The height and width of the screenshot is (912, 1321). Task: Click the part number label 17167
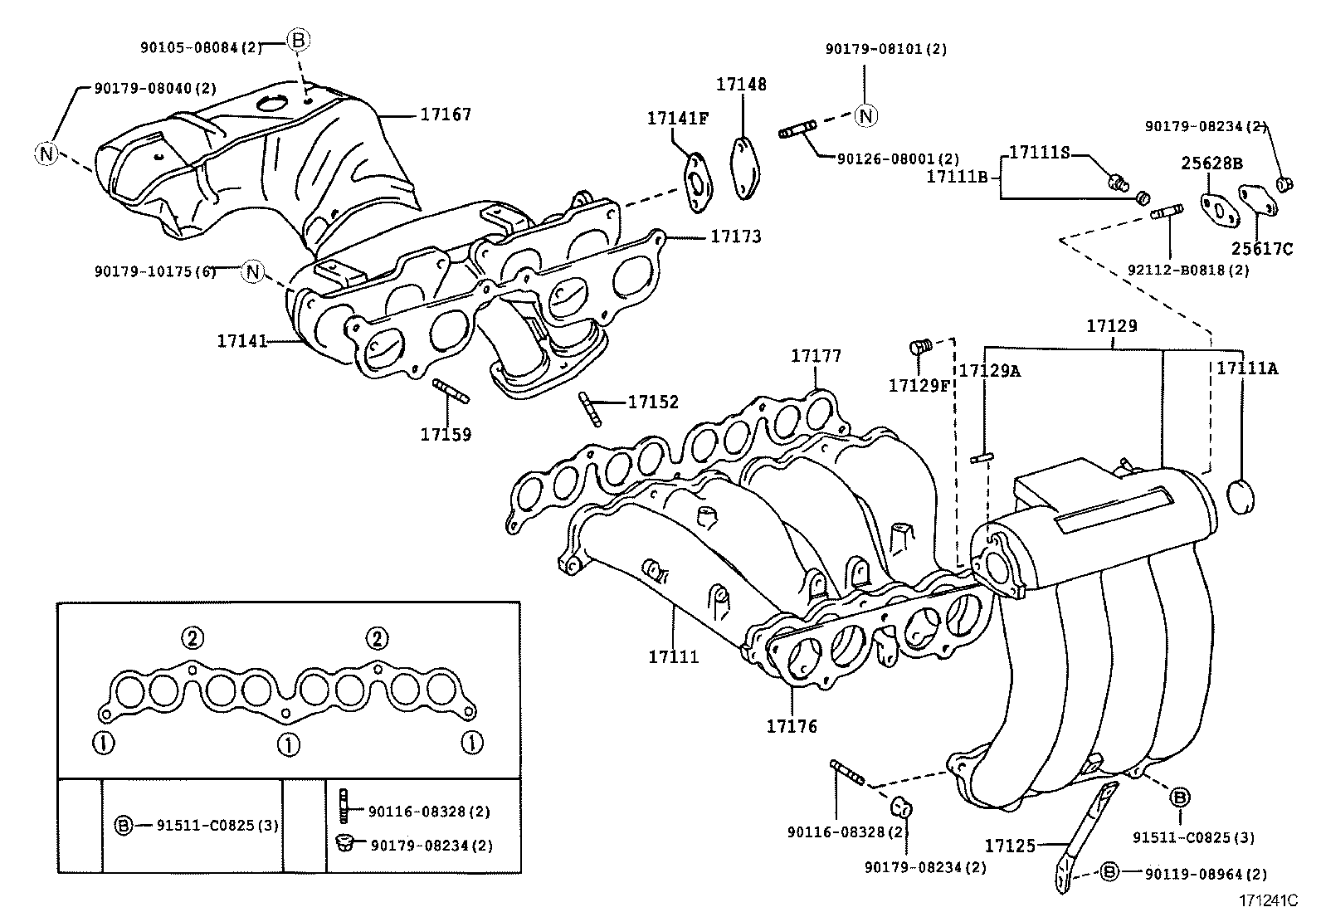coord(445,115)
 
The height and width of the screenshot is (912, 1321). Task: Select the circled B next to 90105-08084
coord(299,39)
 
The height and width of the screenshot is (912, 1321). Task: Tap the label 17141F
coord(678,119)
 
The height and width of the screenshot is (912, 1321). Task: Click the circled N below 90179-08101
coord(865,115)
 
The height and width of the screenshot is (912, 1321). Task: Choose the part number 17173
coord(735,237)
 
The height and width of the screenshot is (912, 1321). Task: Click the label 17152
coord(653,402)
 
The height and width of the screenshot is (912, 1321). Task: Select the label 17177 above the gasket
coord(816,356)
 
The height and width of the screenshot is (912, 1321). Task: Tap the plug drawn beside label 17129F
coord(921,346)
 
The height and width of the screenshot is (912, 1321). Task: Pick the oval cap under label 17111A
coord(1240,496)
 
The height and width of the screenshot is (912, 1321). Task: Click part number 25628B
coord(1211,163)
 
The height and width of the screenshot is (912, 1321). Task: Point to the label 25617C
coord(1261,248)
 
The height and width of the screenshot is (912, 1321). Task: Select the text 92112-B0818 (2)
coord(1187,270)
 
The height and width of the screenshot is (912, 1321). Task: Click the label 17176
coord(792,726)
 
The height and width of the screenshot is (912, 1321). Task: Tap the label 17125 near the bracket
coord(1010,846)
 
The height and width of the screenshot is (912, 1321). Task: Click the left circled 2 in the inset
coord(192,638)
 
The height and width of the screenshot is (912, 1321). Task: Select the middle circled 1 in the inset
coord(288,744)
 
